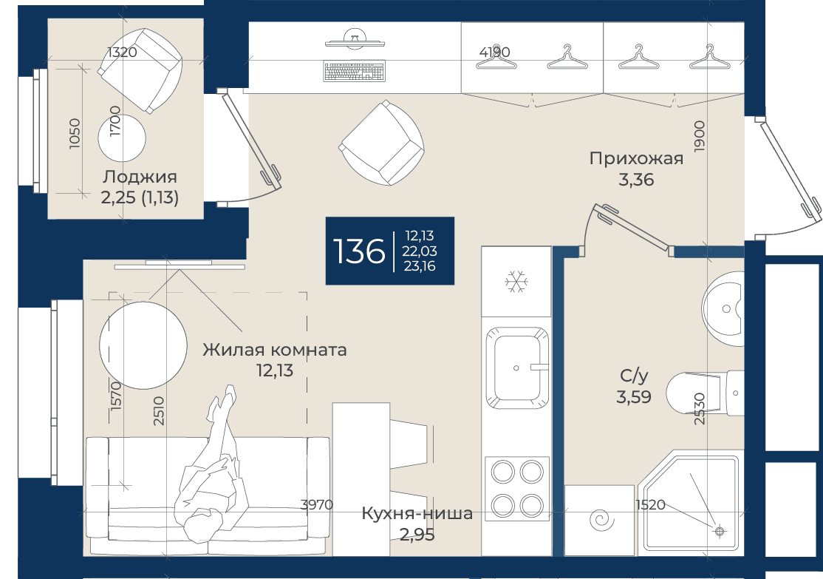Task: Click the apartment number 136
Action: [x=360, y=251]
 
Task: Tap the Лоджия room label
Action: [x=140, y=177]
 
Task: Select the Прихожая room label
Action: [x=636, y=158]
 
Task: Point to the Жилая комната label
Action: [x=275, y=349]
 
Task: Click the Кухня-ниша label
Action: [x=417, y=513]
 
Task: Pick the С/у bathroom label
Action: [x=634, y=376]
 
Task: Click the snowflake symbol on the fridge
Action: [x=516, y=282]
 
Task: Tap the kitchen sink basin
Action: [x=516, y=368]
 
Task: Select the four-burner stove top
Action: [x=516, y=489]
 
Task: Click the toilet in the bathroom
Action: [x=704, y=393]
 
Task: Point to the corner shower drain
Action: [x=719, y=531]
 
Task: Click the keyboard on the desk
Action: [x=355, y=72]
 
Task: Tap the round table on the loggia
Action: [x=122, y=138]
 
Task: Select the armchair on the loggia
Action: [x=140, y=70]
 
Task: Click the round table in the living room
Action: [x=143, y=345]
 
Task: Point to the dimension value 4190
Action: [x=494, y=52]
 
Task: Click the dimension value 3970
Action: [x=316, y=505]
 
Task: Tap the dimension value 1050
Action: [x=75, y=133]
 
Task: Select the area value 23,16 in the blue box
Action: [x=420, y=266]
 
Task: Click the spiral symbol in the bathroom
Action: [x=601, y=520]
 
